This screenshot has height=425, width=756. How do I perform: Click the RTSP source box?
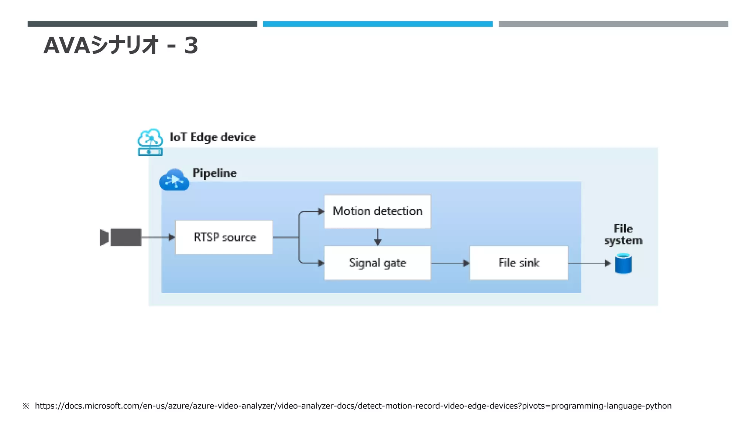click(224, 237)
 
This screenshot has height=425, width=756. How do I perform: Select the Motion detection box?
click(377, 211)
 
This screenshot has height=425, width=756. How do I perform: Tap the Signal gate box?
click(377, 263)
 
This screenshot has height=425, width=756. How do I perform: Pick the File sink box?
click(519, 263)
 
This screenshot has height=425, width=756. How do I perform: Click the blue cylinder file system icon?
click(623, 263)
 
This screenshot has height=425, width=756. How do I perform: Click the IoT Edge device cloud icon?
click(150, 142)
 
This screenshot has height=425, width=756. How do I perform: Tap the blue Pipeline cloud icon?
click(174, 180)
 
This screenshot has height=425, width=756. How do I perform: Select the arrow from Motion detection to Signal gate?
click(377, 237)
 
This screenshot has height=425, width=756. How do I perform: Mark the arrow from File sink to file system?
click(589, 263)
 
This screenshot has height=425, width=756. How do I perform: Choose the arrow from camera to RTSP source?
click(158, 237)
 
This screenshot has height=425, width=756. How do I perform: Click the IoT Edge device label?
click(212, 137)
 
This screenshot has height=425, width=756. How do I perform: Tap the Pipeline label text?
click(214, 173)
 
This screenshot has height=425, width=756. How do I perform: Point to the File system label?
click(623, 234)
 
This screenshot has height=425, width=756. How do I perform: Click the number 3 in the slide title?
click(191, 46)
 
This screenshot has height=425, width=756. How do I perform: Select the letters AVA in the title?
click(66, 46)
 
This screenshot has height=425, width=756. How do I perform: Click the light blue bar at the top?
click(378, 24)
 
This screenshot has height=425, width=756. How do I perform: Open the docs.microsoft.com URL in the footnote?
click(353, 406)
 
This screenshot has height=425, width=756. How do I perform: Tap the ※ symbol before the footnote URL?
click(25, 406)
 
